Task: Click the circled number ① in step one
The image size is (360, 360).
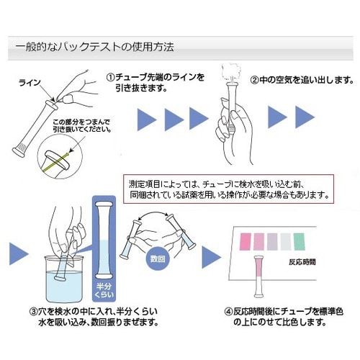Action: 111,76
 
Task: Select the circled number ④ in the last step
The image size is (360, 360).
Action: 228,311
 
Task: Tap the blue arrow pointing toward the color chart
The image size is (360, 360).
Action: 211,255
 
